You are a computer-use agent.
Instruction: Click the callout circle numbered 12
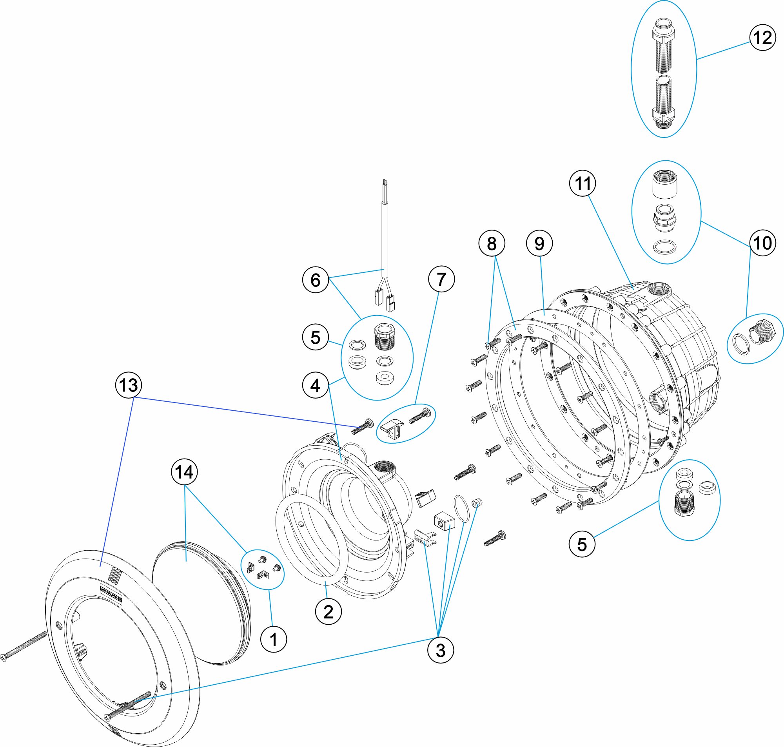762,38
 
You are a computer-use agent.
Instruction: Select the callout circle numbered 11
583,183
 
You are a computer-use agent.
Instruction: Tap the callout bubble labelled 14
184,472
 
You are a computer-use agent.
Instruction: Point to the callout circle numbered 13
128,385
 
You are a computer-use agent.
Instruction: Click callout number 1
273,640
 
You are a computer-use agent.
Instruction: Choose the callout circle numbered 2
328,611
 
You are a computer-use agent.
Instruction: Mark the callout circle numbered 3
440,650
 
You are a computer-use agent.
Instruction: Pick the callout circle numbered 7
441,279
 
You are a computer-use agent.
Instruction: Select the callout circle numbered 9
539,243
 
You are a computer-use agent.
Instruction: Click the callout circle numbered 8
492,243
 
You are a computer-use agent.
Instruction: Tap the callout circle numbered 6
315,280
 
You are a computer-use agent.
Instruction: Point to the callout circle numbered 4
315,385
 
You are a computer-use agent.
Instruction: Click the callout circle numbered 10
762,243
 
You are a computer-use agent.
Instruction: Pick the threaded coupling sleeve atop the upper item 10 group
665,184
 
